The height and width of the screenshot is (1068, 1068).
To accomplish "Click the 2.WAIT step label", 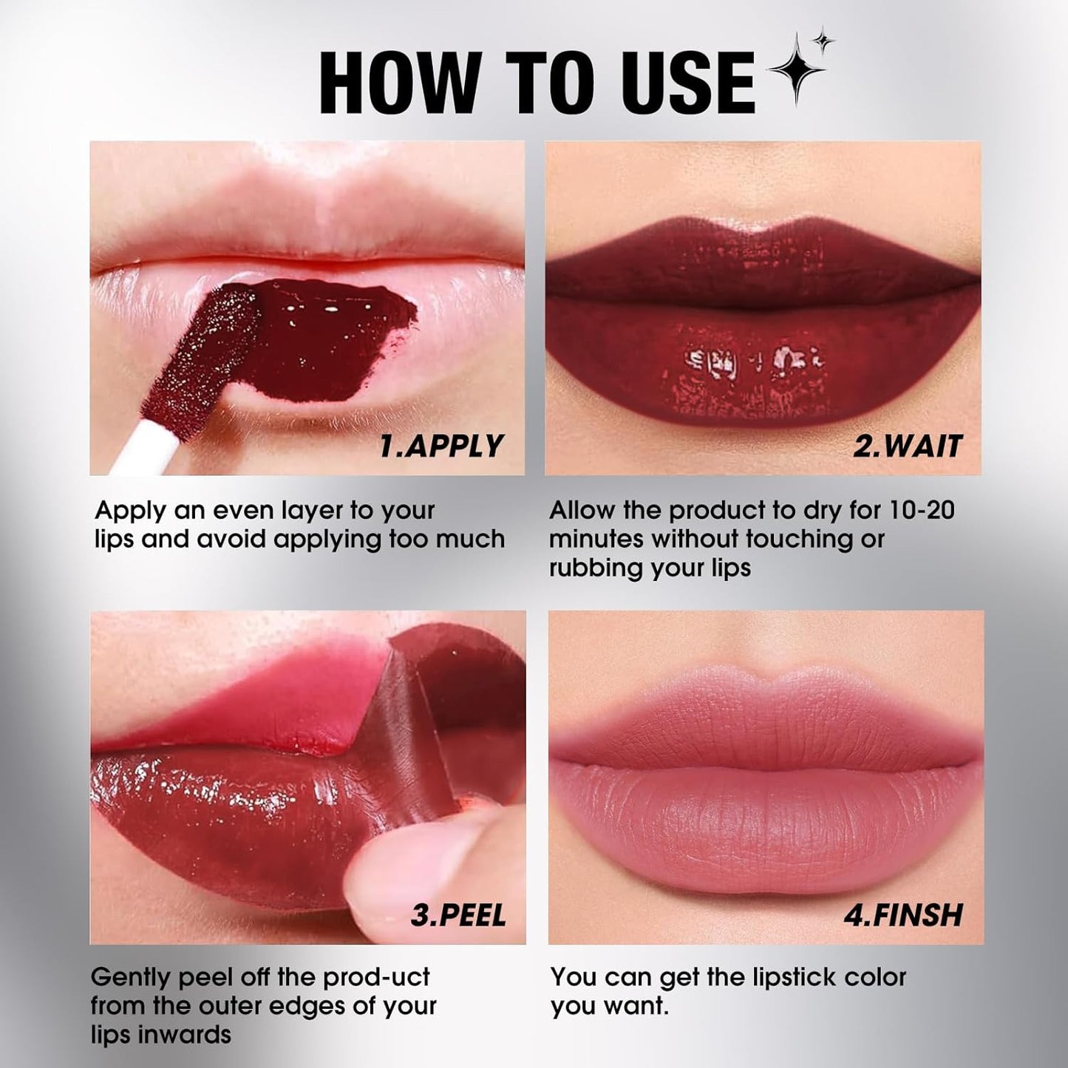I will (x=908, y=446).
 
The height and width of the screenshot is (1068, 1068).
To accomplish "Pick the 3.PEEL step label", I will (x=458, y=916).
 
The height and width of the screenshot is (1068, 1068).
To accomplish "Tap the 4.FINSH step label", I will (x=903, y=916).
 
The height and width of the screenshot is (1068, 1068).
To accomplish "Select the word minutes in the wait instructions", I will (x=596, y=540).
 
